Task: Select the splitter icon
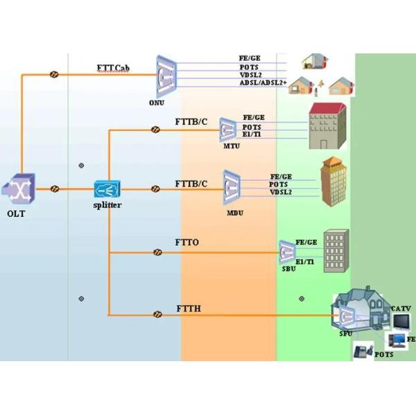[x=108, y=189]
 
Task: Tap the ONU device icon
[x=165, y=76]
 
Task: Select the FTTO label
[x=187, y=243]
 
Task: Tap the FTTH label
[x=188, y=306]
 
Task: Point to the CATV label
[x=401, y=308]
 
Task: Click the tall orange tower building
[x=334, y=178]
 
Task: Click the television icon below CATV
[x=400, y=321]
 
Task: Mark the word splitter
[x=107, y=206]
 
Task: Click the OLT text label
[x=16, y=214]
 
